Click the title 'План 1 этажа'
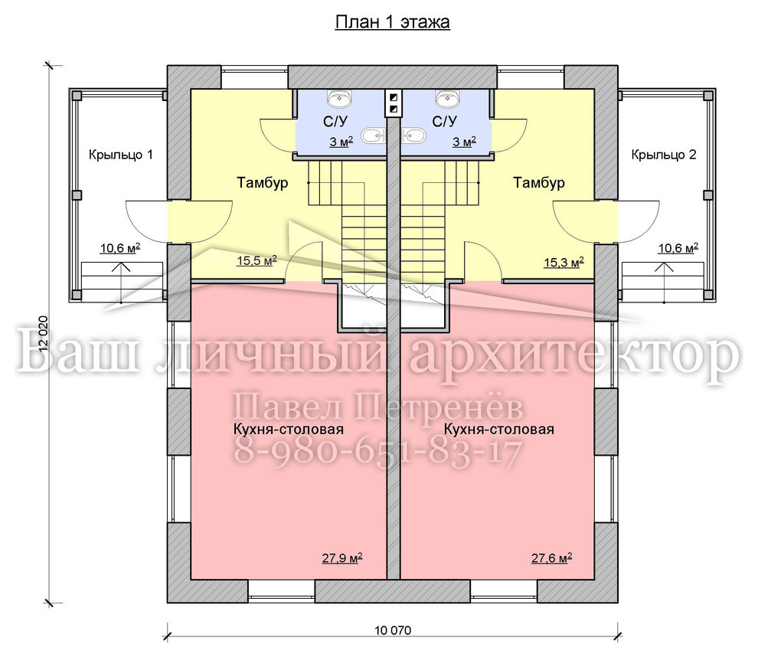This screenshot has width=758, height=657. (393, 22)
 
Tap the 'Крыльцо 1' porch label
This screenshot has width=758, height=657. (121, 155)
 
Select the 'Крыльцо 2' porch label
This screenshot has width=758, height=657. (664, 155)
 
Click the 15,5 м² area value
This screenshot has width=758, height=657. (256, 261)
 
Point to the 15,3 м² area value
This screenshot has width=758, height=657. (564, 263)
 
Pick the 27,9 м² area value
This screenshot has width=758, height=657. (342, 558)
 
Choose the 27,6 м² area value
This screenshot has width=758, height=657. (551, 558)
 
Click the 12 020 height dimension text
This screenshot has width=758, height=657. (44, 338)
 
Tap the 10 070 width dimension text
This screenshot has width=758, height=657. (393, 630)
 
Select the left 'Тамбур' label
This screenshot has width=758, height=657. (263, 183)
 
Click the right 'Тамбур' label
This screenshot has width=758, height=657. (539, 183)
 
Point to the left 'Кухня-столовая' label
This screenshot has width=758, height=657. (289, 430)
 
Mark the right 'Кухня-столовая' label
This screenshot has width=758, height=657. (499, 430)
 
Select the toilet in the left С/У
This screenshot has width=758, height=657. (373, 136)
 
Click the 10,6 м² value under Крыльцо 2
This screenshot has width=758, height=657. (678, 249)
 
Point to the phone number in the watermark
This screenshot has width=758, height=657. (378, 453)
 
